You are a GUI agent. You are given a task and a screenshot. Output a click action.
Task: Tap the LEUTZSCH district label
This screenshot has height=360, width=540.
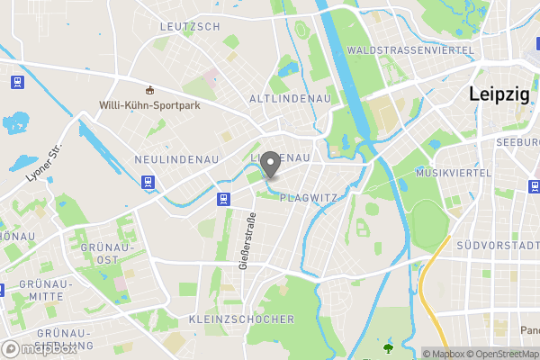pyautogui.click(x=189, y=27)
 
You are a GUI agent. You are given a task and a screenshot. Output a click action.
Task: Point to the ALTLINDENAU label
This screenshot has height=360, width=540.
pyautogui.click(x=290, y=97)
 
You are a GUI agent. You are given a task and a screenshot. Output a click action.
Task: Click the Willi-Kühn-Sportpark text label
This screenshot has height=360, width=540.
pyautogui.click(x=149, y=104)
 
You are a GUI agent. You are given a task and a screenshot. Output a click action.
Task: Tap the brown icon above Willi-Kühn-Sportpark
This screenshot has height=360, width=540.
pyautogui.click(x=149, y=89)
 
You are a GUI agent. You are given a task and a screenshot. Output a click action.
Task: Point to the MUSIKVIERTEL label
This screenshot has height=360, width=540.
pyautogui.click(x=454, y=172)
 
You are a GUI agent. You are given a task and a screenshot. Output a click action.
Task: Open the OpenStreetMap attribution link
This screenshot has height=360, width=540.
pyautogui.click(x=503, y=354)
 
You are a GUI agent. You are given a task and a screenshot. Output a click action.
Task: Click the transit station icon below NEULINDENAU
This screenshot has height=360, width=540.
pyautogui.click(x=147, y=180)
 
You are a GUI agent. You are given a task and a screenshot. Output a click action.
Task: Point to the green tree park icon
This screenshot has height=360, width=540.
pyautogui.click(x=388, y=347)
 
